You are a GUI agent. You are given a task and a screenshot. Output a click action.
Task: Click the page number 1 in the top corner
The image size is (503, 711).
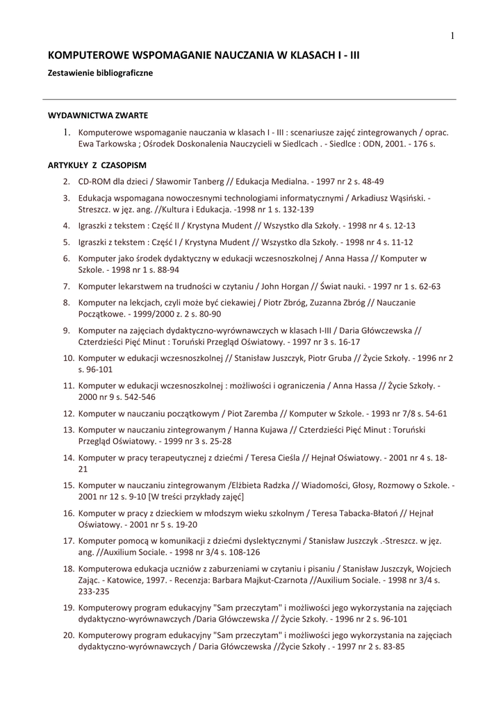click(452, 36)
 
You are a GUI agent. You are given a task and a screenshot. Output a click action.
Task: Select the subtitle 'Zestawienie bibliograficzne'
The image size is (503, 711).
click(100, 73)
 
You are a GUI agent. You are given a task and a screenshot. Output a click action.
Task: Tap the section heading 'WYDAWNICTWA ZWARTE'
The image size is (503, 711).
click(97, 115)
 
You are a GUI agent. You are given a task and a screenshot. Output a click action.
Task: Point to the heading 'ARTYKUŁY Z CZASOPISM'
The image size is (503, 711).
click(97, 165)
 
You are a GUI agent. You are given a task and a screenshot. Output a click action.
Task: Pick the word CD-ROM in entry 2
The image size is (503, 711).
click(94, 182)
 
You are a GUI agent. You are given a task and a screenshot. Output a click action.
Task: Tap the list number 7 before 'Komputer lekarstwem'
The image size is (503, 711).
click(67, 286)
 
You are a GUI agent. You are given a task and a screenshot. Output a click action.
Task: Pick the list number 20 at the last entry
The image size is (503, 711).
click(68, 635)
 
